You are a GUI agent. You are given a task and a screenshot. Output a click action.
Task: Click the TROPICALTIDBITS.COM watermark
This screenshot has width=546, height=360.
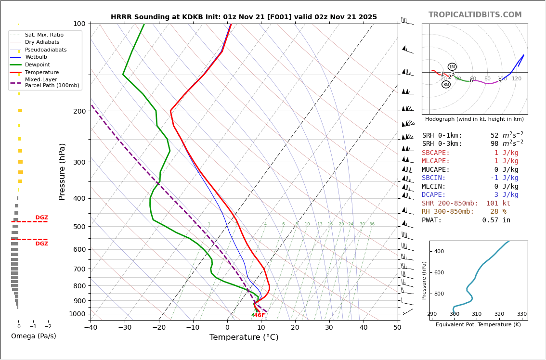pos(475,15)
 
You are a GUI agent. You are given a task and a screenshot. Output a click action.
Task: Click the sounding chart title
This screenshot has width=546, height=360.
pos(244,17)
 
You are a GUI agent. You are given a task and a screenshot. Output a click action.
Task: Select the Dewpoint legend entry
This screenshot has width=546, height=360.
pos(38,64)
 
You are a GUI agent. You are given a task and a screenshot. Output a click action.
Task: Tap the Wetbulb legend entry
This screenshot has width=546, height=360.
pos(36,57)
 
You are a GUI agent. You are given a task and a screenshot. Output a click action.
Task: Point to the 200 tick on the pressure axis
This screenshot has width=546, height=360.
pos(79,111)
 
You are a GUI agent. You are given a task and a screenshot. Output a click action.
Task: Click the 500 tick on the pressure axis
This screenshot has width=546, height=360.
pos(79,227)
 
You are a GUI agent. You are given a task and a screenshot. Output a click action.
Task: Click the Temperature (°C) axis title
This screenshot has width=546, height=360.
pos(244,337)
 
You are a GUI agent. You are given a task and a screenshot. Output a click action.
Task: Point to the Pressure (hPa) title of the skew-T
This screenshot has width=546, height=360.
pos(62,171)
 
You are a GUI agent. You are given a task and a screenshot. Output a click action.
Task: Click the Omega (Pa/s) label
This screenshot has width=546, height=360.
pos(33,336)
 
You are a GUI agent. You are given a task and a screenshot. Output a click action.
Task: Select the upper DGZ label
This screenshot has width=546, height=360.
pos(41,218)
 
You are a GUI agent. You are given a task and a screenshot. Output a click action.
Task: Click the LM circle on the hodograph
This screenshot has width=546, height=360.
pos(452,67)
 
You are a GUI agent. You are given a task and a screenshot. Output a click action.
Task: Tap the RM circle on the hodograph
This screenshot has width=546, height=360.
pos(446,85)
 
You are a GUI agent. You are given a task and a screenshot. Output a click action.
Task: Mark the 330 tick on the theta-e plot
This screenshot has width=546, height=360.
pos(521,314)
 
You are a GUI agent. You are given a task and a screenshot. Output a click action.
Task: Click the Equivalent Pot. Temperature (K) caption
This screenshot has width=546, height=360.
pos(478,325)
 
